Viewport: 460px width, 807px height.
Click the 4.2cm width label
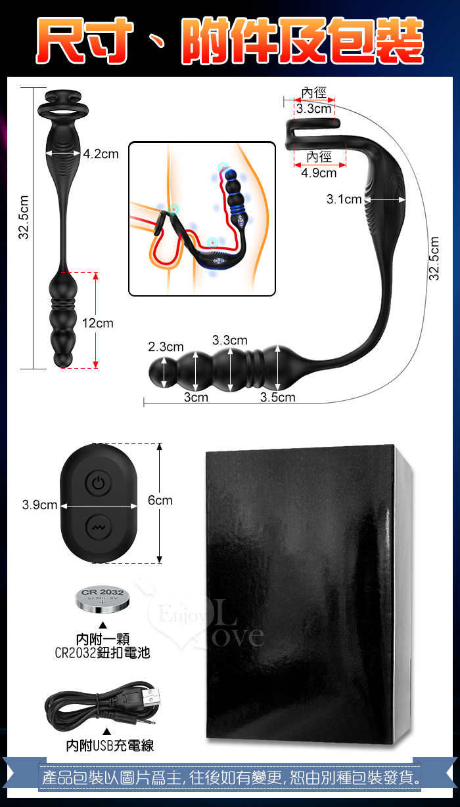[x=101, y=154]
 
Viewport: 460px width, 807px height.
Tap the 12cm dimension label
[x=97, y=323]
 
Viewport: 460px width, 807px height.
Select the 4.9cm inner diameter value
[x=319, y=173]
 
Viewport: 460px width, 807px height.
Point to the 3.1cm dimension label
[x=344, y=199]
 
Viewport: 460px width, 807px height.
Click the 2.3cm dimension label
[x=166, y=346]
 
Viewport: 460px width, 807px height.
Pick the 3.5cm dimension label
[x=278, y=397]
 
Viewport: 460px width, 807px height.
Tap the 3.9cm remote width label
[x=39, y=505]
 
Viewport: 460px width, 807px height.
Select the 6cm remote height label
[x=160, y=500]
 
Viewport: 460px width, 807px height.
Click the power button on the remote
[x=98, y=483]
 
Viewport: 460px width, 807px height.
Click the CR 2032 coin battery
[x=103, y=598]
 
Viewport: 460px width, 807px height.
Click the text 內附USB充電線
[x=110, y=746]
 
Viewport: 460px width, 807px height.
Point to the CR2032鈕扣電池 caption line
[x=102, y=653]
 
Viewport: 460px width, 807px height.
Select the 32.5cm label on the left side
[x=24, y=217]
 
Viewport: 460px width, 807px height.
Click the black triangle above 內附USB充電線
[x=106, y=731]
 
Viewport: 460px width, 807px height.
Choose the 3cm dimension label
[x=196, y=397]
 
